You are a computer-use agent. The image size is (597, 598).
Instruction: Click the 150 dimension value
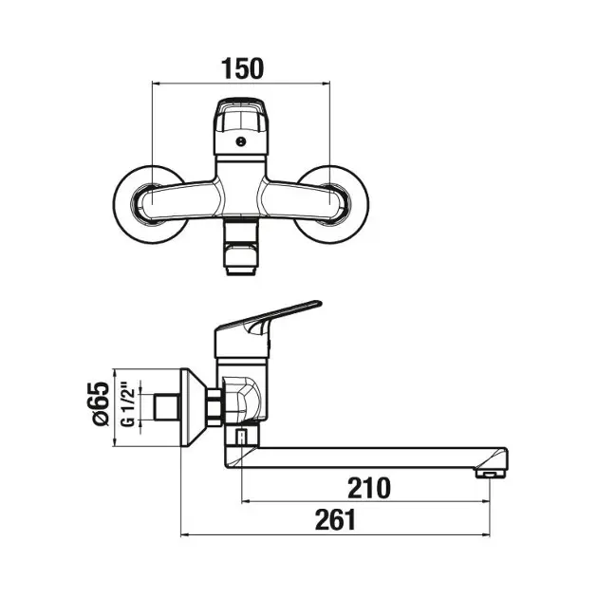coord(242,68)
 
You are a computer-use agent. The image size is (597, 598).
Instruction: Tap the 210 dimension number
coord(369,488)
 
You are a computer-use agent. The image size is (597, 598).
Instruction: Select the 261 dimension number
coord(335,520)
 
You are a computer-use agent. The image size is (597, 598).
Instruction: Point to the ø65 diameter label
coord(101,403)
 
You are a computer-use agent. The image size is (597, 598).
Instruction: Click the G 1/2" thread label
coord(128,407)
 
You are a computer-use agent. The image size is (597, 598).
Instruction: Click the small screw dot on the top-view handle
coord(240,141)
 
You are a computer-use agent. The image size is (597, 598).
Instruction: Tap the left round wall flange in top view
coord(151,204)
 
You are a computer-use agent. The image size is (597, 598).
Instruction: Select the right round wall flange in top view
coord(330,204)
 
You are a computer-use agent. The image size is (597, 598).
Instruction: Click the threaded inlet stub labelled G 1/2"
coord(167,407)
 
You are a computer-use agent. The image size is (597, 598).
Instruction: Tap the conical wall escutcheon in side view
coord(194,407)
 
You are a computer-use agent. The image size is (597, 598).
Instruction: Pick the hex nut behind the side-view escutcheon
coord(215,407)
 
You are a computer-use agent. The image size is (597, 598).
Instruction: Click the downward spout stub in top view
coord(241,247)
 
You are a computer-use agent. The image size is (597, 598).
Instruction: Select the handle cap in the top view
coord(240,126)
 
